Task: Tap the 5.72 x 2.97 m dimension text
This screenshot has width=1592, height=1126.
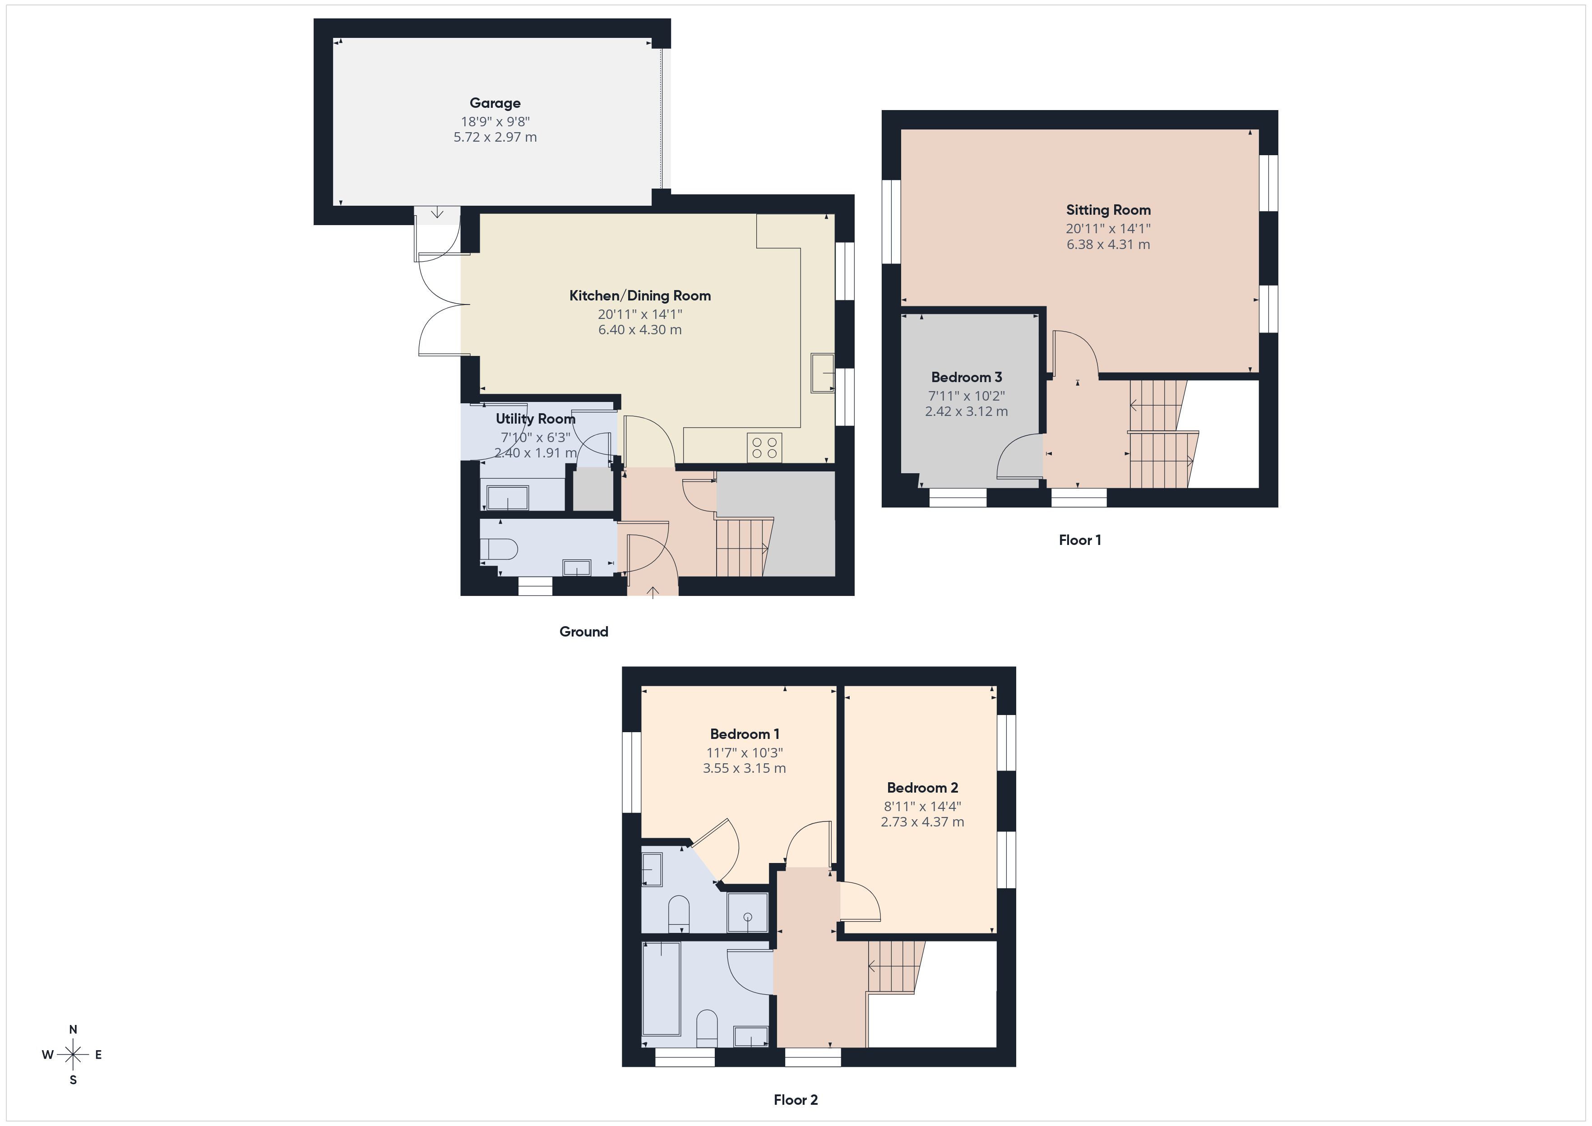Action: [495, 137]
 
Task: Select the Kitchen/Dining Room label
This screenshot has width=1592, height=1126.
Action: [640, 296]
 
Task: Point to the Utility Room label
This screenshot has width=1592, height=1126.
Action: [535, 419]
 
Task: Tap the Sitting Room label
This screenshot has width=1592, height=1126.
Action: [1108, 210]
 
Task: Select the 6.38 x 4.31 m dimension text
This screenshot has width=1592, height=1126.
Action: [1108, 245]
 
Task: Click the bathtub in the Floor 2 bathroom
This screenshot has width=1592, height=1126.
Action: [662, 988]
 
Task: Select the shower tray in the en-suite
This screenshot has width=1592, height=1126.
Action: [747, 913]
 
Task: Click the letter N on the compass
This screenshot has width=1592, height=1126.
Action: [73, 1029]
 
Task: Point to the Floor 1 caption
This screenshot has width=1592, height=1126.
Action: [1079, 540]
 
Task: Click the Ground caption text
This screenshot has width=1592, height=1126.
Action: [584, 632]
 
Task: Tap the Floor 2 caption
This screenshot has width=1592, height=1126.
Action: [795, 1100]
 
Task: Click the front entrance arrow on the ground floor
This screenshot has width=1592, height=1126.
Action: [653, 591]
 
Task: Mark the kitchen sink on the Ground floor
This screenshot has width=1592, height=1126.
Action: [823, 373]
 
